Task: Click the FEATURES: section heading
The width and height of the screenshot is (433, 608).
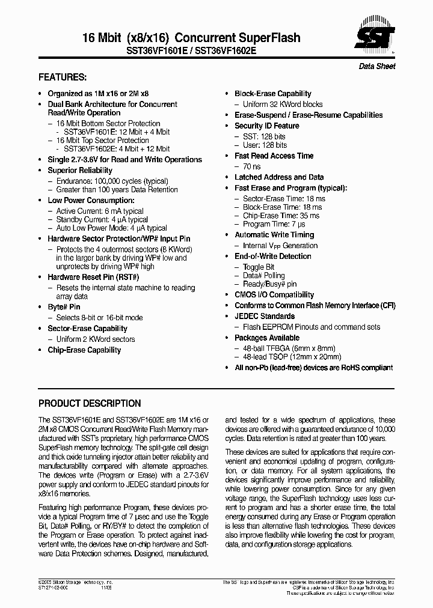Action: [x=63, y=78]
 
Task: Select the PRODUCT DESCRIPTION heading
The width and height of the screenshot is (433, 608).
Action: [x=90, y=403]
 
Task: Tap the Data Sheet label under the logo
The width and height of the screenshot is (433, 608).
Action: [x=377, y=66]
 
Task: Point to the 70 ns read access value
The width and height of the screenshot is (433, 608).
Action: [x=251, y=166]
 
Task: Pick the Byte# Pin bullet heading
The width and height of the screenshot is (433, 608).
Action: [x=64, y=307]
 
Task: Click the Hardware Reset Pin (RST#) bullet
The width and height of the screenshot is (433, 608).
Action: [x=93, y=278]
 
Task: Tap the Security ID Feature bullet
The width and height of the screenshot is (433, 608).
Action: [x=266, y=126]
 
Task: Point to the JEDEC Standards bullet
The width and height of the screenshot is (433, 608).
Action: [x=265, y=316]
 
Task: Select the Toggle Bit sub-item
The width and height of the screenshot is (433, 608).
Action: [x=259, y=267]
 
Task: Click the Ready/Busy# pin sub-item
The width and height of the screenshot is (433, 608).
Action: [x=269, y=284]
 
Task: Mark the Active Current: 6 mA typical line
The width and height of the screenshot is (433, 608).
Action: [x=100, y=211]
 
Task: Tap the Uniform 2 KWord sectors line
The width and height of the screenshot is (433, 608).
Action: [x=96, y=339]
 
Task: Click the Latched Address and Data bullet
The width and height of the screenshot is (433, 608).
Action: [x=279, y=177]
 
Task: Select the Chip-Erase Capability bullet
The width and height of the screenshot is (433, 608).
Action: [x=84, y=350]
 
